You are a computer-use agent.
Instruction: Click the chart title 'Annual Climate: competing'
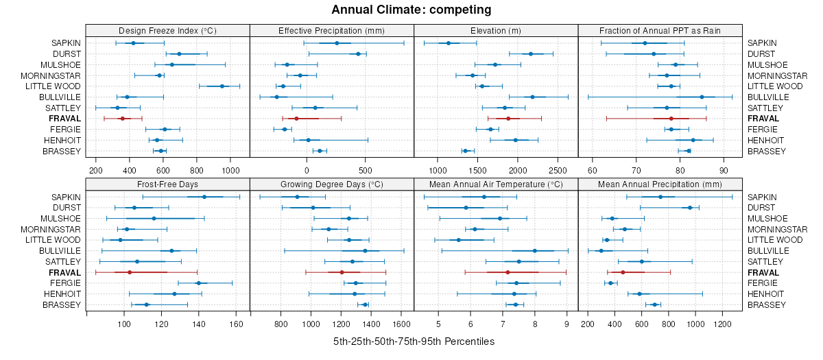click(x=411, y=10)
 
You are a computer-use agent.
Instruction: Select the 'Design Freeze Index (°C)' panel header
click(x=167, y=30)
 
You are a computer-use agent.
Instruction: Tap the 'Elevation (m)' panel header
click(x=496, y=30)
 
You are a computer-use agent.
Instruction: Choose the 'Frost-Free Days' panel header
click(x=167, y=184)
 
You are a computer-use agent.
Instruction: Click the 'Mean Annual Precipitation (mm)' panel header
click(x=660, y=184)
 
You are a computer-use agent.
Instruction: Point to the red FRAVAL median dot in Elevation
click(x=508, y=119)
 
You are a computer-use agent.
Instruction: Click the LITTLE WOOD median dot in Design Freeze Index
click(x=222, y=86)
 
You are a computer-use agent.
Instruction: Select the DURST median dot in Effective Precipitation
click(x=358, y=53)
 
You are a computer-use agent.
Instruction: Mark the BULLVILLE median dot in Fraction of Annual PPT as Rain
click(x=702, y=97)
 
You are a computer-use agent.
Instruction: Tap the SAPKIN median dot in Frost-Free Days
click(x=204, y=197)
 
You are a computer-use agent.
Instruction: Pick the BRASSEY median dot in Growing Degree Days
click(x=365, y=304)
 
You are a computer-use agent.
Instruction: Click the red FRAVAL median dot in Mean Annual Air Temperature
click(x=508, y=272)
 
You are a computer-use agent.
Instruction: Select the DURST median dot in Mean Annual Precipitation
click(x=690, y=208)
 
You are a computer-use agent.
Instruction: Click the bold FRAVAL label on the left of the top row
click(x=65, y=119)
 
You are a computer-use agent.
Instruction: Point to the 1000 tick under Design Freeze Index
click(x=230, y=169)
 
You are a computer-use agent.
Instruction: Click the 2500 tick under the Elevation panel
click(x=558, y=169)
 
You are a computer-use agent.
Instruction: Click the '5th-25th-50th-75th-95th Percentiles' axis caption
click(x=414, y=341)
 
